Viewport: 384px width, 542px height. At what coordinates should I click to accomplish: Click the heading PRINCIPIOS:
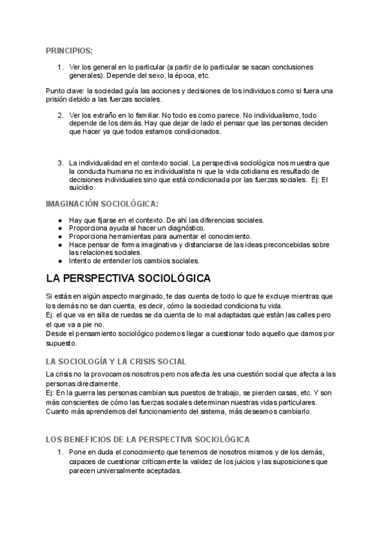click(x=69, y=50)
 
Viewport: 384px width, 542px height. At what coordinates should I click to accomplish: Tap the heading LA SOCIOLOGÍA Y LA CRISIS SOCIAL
click(x=116, y=361)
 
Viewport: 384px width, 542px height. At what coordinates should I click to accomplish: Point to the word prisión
click(x=58, y=99)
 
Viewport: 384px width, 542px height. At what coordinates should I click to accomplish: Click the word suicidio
click(x=82, y=188)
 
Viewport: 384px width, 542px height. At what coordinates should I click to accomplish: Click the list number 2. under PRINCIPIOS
click(x=60, y=115)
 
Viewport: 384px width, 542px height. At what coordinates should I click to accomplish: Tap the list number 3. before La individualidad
click(x=60, y=162)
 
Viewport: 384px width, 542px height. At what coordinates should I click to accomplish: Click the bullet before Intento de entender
click(x=60, y=261)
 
